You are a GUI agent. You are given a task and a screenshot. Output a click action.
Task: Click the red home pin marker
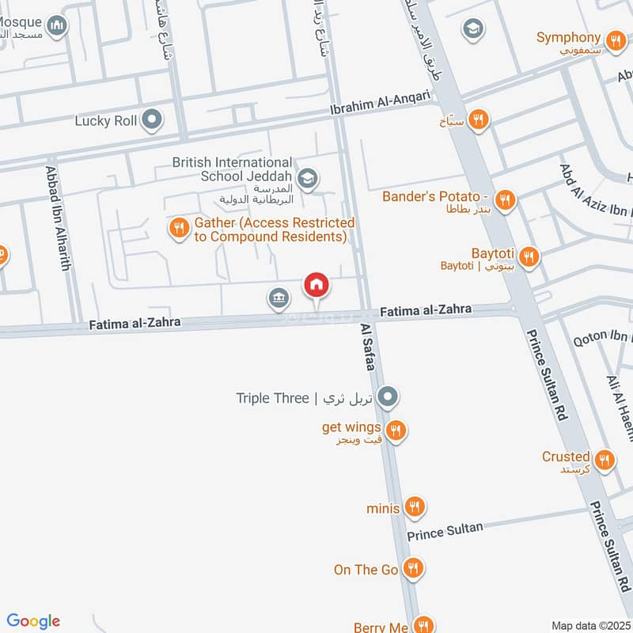click(316, 285)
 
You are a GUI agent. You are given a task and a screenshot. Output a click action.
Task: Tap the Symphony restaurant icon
click(615, 39)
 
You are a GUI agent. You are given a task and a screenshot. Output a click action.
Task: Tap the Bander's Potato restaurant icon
click(506, 199)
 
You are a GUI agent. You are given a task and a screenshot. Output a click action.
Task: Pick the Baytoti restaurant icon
click(529, 256)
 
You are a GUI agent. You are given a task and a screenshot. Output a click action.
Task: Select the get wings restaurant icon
click(396, 430)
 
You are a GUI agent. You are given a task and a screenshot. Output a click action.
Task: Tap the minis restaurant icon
click(414, 506)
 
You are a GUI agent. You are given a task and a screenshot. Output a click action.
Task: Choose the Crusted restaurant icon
click(605, 460)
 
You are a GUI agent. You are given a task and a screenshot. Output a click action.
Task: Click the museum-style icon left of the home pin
click(279, 298)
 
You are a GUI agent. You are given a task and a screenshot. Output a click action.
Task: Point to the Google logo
click(33, 621)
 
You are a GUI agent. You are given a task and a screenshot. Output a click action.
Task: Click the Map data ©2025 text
click(589, 625)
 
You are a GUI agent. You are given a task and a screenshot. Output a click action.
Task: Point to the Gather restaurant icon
click(180, 229)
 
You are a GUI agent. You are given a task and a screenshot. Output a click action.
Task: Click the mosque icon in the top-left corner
click(56, 28)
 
